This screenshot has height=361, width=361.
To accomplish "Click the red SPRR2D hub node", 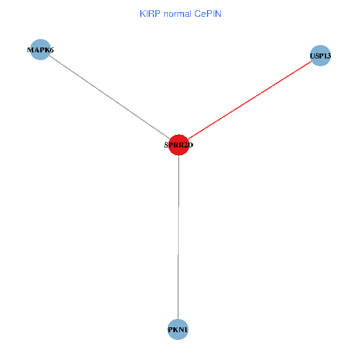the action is (179, 144).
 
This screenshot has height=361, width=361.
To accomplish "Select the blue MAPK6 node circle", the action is (40, 50).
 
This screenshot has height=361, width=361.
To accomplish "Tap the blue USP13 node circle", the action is (320, 56).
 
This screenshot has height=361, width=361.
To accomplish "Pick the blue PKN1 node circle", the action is (178, 329).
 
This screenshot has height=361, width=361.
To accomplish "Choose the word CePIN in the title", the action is (208, 13).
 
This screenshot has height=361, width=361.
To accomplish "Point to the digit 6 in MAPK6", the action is (51, 50).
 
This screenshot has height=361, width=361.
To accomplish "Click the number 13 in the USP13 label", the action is (327, 56).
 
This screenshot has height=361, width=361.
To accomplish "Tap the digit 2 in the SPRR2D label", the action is (184, 145).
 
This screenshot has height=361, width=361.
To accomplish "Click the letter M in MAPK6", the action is (31, 50).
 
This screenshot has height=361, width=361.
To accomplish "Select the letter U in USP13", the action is (312, 56).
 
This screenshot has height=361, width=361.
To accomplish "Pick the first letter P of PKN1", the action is (171, 330).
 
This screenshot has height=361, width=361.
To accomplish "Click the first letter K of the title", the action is (142, 13).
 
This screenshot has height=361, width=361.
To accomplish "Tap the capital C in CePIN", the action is (197, 13).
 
